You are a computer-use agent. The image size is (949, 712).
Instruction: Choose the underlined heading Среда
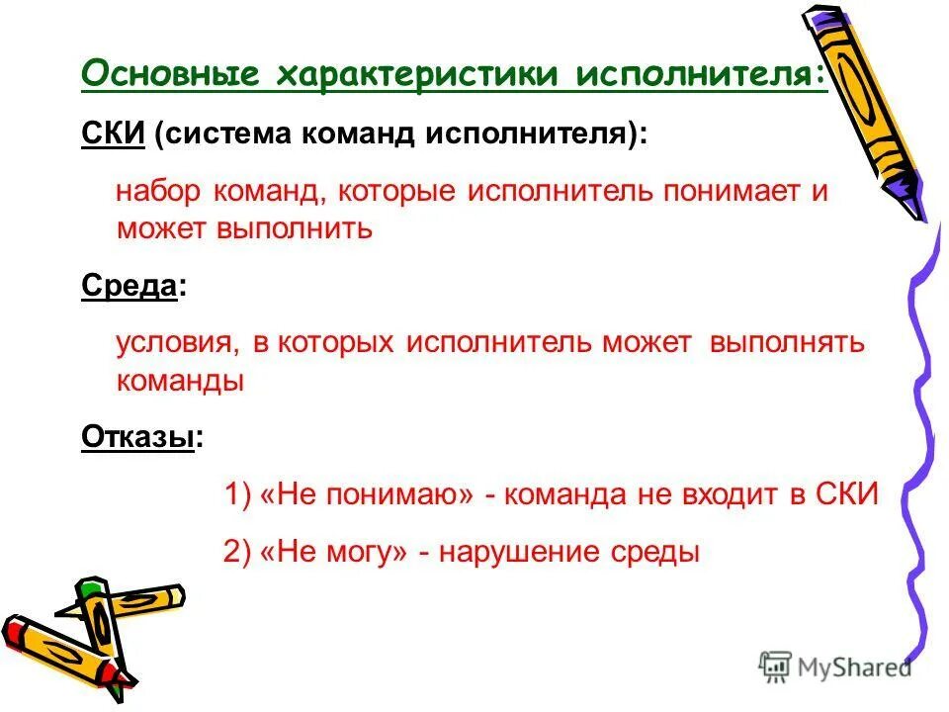pos(129,287)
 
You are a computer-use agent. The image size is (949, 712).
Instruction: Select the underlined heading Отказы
pos(136,437)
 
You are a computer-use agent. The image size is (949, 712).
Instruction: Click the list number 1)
pos(239,494)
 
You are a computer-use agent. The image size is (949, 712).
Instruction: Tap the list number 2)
pos(239,552)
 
